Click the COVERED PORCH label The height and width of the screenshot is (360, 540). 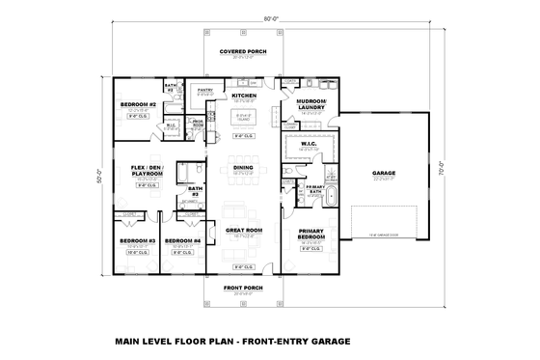pyautogui.click(x=243, y=51)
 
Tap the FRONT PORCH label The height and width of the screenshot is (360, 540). pyautogui.click(x=243, y=288)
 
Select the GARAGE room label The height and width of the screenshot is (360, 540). pyautogui.click(x=385, y=174)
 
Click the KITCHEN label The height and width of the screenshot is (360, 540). pyautogui.click(x=243, y=96)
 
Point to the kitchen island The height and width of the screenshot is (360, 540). pyautogui.click(x=244, y=120)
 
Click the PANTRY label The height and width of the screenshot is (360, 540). pyautogui.click(x=205, y=90)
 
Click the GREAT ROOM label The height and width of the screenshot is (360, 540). pyautogui.click(x=243, y=230)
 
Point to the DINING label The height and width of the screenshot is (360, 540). pyautogui.click(x=243, y=168)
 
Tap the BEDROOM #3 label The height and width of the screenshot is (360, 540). pyautogui.click(x=137, y=240)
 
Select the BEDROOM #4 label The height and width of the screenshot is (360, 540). pyautogui.click(x=182, y=240)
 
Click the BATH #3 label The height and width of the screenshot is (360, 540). pyautogui.click(x=195, y=191)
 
